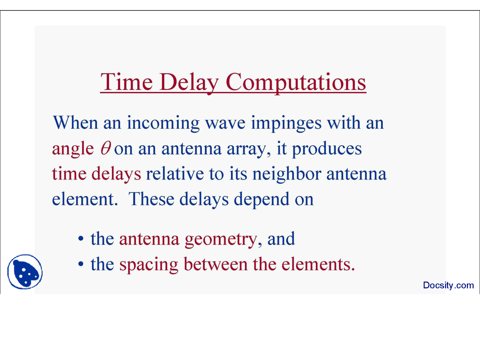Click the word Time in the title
coord(127,82)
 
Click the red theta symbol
coord(106,148)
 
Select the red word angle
coord(73,150)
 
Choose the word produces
coord(327,150)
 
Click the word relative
coord(175,174)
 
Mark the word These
coord(151,199)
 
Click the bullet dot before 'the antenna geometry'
coord(81,238)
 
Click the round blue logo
coord(25,272)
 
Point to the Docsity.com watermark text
coord(448,285)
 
